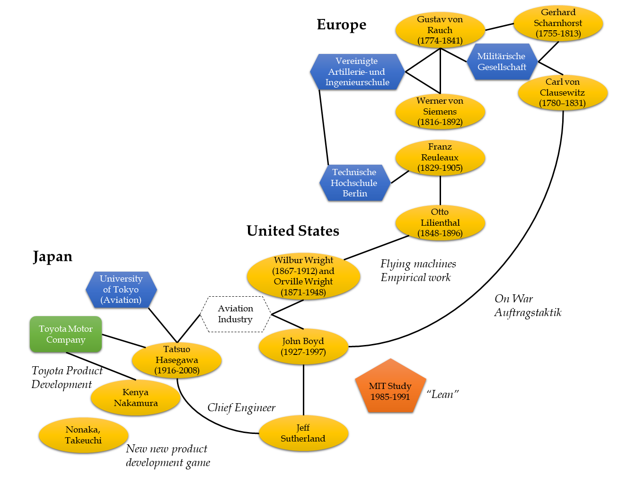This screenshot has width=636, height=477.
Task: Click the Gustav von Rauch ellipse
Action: [440, 30]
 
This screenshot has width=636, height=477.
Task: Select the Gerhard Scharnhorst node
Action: [558, 23]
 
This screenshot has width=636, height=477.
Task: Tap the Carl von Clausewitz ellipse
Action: [563, 93]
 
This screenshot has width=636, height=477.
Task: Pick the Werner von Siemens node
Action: [440, 112]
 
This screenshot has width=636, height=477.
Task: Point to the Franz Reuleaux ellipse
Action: [440, 158]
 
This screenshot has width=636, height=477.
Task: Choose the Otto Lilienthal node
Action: [440, 223]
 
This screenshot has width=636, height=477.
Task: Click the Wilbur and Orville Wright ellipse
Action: [303, 276]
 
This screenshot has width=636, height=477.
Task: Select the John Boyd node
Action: [303, 346]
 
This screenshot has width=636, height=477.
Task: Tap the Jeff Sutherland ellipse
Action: [303, 433]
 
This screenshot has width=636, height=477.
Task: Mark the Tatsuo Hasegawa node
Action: [177, 360]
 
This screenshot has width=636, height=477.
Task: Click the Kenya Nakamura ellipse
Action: [135, 398]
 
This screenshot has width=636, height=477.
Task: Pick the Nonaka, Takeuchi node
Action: [83, 435]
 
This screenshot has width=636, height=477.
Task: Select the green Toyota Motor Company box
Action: [66, 335]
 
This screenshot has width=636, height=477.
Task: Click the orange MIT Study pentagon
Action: [390, 389]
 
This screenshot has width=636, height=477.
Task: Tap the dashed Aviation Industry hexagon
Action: [236, 314]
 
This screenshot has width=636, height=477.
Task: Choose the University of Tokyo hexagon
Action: [121, 290]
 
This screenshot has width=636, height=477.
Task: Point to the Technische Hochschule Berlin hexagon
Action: [354, 183]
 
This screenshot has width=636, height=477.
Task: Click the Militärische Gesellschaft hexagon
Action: [502, 62]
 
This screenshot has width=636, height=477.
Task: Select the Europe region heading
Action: [341, 25]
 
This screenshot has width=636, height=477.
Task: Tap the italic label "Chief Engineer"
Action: [241, 408]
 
